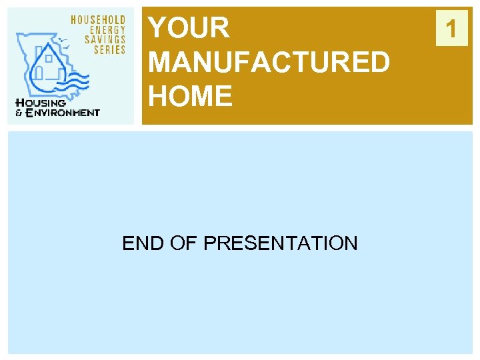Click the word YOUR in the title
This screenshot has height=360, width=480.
click(x=189, y=28)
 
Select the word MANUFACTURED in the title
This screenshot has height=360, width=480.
click(x=269, y=63)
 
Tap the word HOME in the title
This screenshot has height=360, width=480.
click(x=191, y=97)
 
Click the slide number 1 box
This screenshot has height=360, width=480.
click(x=452, y=29)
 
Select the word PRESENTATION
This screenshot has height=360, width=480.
click(x=280, y=243)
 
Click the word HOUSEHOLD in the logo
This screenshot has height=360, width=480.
click(x=99, y=20)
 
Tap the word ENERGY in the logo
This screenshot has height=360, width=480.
click(x=107, y=30)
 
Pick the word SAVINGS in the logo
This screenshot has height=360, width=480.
click(x=105, y=40)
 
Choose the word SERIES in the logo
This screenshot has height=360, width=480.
click(x=109, y=50)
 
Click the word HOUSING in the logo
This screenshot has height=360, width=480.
click(x=41, y=103)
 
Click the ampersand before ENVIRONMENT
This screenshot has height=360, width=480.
click(x=19, y=113)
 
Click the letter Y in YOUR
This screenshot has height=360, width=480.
click(x=157, y=28)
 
